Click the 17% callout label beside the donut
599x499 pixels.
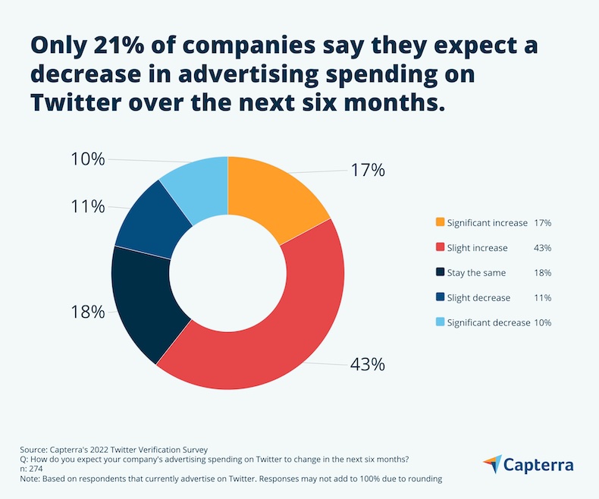tap(367, 170)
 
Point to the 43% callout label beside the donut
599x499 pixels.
tap(367, 364)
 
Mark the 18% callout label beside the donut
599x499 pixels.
tap(87, 311)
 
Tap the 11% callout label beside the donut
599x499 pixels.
tap(87, 206)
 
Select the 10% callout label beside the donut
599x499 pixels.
tap(87, 159)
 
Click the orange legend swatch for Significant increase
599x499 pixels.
tap(440, 223)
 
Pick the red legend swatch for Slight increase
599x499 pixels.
tap(440, 248)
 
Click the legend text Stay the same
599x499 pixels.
tap(477, 272)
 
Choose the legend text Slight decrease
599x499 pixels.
tap(478, 297)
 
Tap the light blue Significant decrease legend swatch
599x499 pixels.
tap(440, 322)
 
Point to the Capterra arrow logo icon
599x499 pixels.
tap(491, 464)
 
